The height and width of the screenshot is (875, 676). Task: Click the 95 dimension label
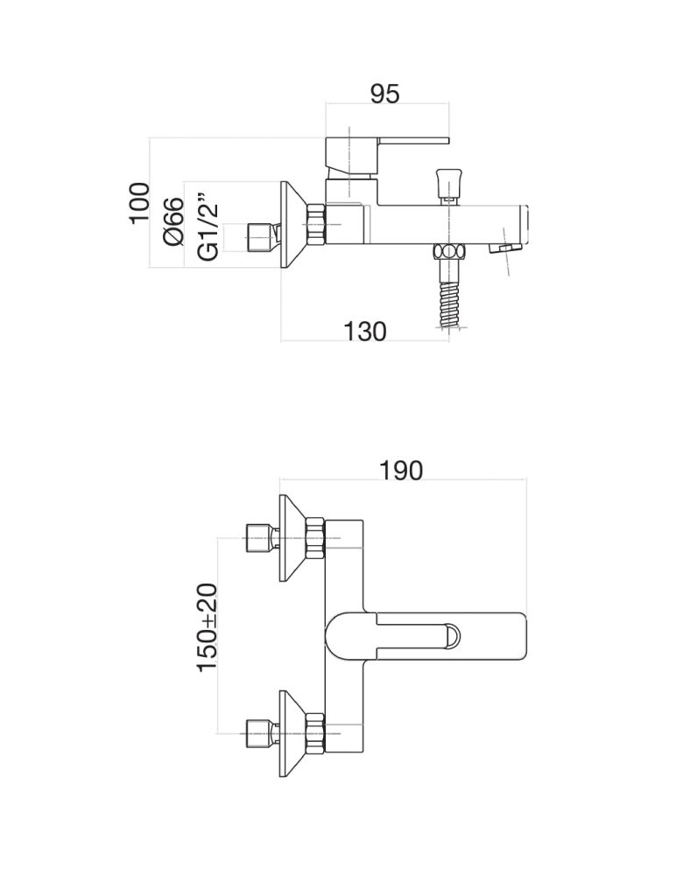click(x=385, y=94)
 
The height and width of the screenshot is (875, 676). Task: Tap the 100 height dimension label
click(x=140, y=203)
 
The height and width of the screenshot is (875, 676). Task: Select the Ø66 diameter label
click(x=173, y=221)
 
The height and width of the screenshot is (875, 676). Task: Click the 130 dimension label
click(x=364, y=332)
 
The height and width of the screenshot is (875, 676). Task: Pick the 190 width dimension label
click(x=401, y=471)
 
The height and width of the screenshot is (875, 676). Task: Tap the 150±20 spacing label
click(x=207, y=627)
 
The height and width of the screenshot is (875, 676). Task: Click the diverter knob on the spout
click(x=448, y=183)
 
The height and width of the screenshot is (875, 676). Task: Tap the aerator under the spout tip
click(x=505, y=248)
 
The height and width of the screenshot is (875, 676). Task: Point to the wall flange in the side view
click(x=293, y=224)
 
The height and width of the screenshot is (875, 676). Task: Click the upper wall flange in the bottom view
click(x=293, y=538)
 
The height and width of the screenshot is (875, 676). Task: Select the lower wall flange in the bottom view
click(x=293, y=733)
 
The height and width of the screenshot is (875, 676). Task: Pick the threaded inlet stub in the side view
click(x=263, y=237)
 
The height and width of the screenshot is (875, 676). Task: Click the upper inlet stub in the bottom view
click(x=263, y=538)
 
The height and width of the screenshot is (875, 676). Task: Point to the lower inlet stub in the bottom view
click(x=263, y=733)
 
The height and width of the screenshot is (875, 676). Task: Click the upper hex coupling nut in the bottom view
click(x=315, y=538)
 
